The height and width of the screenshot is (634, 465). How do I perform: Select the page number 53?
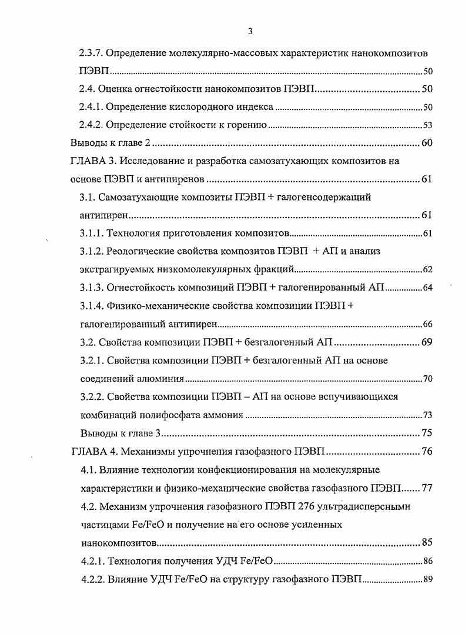[428, 125]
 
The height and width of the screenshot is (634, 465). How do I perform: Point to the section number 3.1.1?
[91, 233]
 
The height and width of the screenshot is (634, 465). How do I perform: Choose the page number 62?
[428, 270]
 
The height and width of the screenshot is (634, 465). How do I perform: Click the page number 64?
[428, 288]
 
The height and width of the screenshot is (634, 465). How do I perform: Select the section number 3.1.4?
[91, 306]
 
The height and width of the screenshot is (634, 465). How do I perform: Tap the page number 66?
[428, 324]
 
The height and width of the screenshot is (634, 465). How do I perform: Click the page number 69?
[427, 342]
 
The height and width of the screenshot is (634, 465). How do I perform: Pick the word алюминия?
[162, 379]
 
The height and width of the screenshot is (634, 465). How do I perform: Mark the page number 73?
[428, 415]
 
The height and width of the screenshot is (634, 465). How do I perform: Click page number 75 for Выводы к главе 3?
[427, 433]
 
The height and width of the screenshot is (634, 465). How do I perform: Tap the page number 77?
[427, 488]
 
